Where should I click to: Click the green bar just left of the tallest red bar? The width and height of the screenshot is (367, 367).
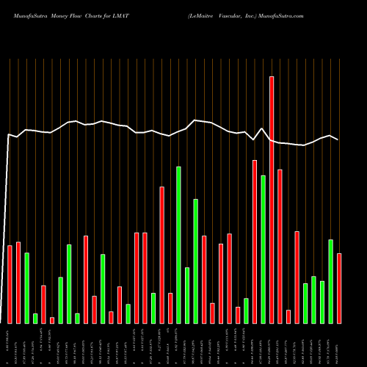pos(263,250)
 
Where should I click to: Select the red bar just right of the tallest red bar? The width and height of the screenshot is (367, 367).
pos(280,246)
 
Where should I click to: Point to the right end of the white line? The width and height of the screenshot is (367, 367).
pos(338,139)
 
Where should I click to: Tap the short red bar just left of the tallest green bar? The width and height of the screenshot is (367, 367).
pos(170,308)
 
